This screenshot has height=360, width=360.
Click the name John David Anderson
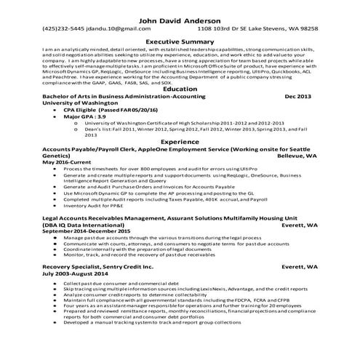point(180,20)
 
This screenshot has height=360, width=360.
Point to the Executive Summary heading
point(180,42)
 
